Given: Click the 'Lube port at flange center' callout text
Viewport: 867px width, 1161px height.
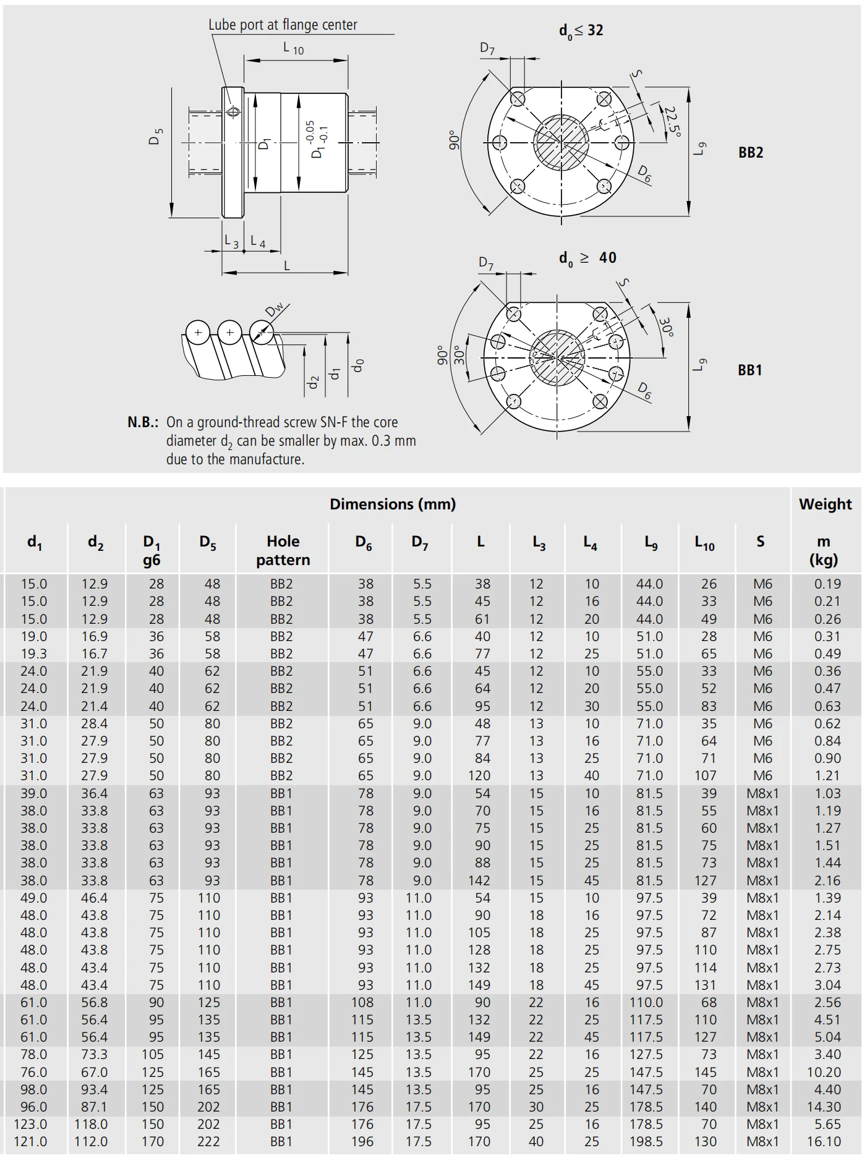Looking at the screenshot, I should coord(283,25).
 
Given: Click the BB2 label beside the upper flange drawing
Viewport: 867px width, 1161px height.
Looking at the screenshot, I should coord(750,153).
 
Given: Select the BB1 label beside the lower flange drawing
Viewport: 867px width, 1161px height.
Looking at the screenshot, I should coord(750,370).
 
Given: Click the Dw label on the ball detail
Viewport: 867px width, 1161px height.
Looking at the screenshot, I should coord(274,309).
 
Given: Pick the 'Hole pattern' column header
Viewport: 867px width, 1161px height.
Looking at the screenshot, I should coord(283,550).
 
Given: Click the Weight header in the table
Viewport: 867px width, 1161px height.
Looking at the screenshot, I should coord(824,504).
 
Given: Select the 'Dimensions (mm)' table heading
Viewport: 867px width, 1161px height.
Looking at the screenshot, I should coord(393,504).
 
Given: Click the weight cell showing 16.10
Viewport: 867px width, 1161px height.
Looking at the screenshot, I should coord(824,1142).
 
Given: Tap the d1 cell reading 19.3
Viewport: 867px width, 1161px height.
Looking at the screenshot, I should coord(33,653).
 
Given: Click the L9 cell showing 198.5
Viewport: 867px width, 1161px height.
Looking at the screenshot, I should coord(646,1142).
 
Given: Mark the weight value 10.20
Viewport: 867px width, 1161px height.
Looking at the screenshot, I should coord(824,1072).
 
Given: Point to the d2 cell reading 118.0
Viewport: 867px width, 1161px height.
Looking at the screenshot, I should coord(91,1124).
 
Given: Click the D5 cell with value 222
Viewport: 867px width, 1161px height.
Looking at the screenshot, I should coord(208,1142).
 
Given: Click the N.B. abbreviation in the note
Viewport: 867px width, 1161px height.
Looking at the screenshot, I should coord(143,422).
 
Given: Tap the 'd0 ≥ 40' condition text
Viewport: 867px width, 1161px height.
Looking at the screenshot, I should coord(587,258).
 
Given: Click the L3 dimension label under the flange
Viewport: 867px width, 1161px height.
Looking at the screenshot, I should coord(231,242).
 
